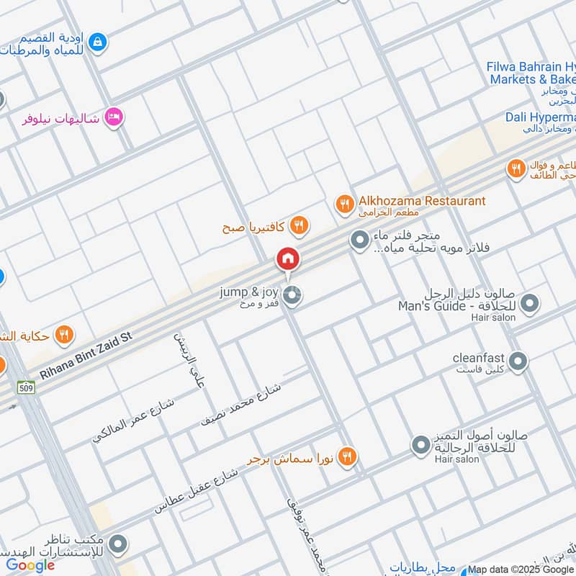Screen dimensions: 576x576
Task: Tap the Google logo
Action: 30,565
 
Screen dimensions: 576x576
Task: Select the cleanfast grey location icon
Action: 518,360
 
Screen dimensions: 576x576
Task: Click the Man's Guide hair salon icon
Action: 530,304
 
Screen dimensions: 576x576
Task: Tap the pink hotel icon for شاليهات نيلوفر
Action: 113,117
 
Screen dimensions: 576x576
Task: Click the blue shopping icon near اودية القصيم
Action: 99,44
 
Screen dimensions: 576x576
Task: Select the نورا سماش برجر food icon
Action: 347,456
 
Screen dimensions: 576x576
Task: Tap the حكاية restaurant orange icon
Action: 65,335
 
